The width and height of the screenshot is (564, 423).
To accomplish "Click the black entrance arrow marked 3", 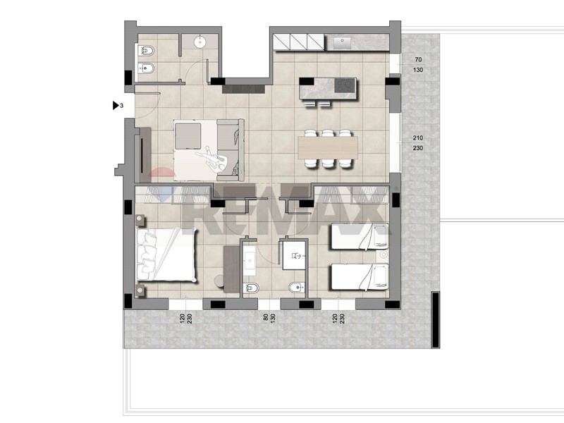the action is [116, 105].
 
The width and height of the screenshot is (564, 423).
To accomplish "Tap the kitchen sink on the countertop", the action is [342, 43].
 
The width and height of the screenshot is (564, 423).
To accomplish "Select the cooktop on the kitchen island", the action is [345, 85].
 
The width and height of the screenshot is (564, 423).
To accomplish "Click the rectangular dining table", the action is [328, 148].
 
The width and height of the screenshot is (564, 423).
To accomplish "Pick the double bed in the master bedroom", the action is [166, 254].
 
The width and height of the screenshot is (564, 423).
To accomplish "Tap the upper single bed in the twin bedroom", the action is [360, 236].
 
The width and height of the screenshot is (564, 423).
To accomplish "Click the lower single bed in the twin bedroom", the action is [360, 276].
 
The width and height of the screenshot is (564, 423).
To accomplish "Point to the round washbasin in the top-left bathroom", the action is [200, 42].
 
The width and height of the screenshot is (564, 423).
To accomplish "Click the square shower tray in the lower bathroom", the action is [294, 255].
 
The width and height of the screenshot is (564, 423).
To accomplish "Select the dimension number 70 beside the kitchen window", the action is [418, 60].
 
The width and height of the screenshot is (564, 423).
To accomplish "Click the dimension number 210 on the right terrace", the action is [418, 137].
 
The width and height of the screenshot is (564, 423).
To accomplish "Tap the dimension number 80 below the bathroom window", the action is [266, 317].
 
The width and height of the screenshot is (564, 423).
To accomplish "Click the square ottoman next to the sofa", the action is [188, 136].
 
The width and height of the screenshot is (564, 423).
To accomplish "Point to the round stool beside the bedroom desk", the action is [219, 281].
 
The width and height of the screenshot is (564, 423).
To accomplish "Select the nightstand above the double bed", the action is [140, 220].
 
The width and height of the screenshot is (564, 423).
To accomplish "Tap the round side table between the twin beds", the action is [384, 255].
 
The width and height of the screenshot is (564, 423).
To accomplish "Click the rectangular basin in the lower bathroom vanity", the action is [250, 259].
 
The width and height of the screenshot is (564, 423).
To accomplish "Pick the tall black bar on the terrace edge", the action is [435, 320].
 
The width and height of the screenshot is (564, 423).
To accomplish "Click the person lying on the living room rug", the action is [212, 158].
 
